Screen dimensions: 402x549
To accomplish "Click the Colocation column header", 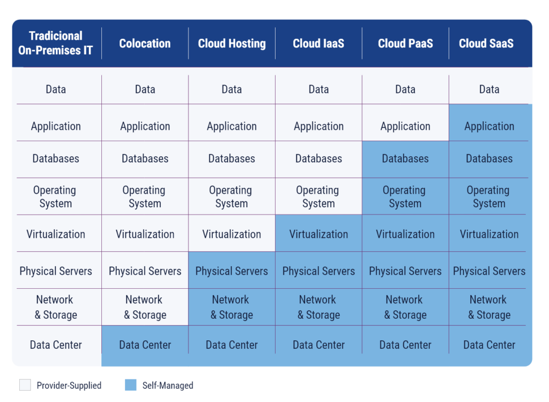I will (x=145, y=43).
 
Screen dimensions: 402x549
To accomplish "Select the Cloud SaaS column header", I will (x=486, y=43).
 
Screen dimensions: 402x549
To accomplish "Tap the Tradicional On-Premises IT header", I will (x=56, y=43).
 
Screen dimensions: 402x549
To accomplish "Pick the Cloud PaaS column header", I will (x=405, y=43).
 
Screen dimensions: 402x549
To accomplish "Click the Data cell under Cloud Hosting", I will (x=232, y=89).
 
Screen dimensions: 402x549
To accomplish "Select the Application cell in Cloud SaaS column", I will (x=489, y=126).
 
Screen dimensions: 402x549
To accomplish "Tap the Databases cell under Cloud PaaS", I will (x=405, y=158).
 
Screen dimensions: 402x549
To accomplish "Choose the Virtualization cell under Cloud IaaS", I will (x=318, y=234).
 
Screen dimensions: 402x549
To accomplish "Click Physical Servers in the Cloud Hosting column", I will (x=232, y=271).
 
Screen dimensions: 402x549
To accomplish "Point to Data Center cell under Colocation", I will (x=145, y=345).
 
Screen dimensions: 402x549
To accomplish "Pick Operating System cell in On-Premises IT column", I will (x=55, y=196).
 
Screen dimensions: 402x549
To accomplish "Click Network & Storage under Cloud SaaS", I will (x=488, y=307).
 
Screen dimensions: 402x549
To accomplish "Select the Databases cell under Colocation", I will (x=145, y=158).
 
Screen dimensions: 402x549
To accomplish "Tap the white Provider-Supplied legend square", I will (x=25, y=385).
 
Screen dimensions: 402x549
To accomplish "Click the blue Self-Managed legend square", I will (x=130, y=385).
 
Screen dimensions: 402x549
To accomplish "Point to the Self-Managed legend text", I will (x=168, y=385).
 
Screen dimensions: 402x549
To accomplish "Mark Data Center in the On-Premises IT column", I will (x=56, y=345).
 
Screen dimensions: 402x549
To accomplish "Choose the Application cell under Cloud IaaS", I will (x=318, y=126).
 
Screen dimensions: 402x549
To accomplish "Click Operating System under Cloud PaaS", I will (x=405, y=196).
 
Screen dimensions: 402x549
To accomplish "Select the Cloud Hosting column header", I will (x=232, y=43).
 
